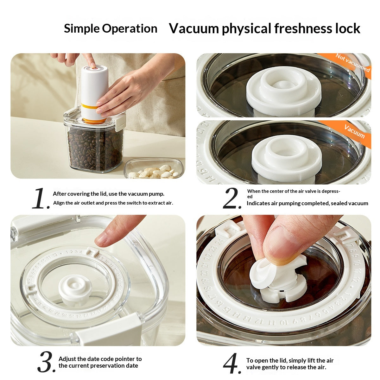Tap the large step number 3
click(47, 362)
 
